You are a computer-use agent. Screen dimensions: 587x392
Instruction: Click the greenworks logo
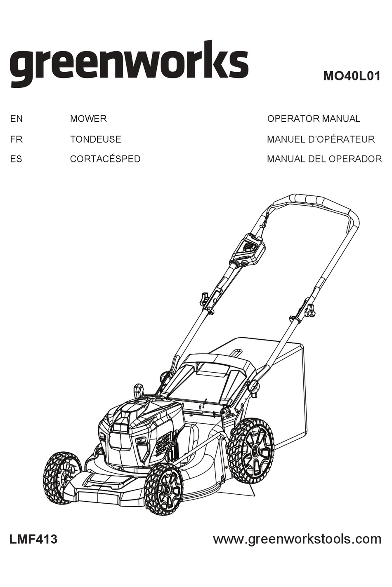129,64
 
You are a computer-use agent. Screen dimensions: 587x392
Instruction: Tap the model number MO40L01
352,77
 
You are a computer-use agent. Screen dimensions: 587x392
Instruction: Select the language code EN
16,119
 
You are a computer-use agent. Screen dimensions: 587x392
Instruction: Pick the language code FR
16,139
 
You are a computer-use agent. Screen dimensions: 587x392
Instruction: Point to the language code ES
16,159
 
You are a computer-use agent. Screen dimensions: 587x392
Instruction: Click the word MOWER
88,119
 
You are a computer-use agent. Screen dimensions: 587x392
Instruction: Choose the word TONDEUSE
95,139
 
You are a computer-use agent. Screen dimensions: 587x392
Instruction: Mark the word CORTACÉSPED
105,159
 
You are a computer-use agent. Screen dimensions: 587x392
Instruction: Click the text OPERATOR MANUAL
314,119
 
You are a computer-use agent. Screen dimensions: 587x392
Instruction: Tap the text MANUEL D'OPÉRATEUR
321,139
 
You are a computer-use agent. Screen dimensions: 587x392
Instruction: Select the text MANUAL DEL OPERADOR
324,159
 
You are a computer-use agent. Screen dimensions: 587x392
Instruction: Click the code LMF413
33,539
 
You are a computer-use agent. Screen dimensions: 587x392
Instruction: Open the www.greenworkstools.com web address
297,539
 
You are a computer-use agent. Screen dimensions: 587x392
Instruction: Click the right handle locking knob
309,310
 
